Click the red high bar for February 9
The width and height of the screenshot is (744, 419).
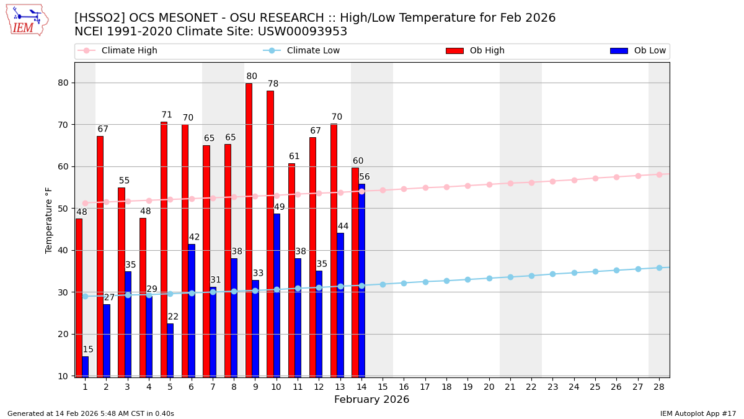click(249, 230)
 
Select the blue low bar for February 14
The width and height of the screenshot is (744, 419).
click(361, 279)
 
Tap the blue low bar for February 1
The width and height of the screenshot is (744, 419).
click(85, 366)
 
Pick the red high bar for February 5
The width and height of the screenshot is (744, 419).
click(164, 248)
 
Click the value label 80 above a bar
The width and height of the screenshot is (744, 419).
click(252, 77)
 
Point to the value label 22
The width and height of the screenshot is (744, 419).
click(173, 317)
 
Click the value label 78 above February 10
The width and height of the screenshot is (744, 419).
click(273, 84)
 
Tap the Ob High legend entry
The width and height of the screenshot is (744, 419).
click(475, 51)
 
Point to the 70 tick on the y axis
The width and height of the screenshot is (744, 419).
click(63, 125)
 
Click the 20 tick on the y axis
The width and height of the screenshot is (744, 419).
click(63, 334)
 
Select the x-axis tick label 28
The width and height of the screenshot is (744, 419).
click(659, 387)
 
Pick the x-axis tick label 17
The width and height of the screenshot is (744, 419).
click(425, 387)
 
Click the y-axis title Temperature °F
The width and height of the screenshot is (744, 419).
click(49, 220)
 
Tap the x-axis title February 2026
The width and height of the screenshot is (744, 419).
click(371, 400)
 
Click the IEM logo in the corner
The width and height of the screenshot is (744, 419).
click(27, 20)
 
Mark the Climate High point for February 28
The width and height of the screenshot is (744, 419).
click(659, 174)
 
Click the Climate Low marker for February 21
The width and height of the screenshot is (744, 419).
click(510, 277)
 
